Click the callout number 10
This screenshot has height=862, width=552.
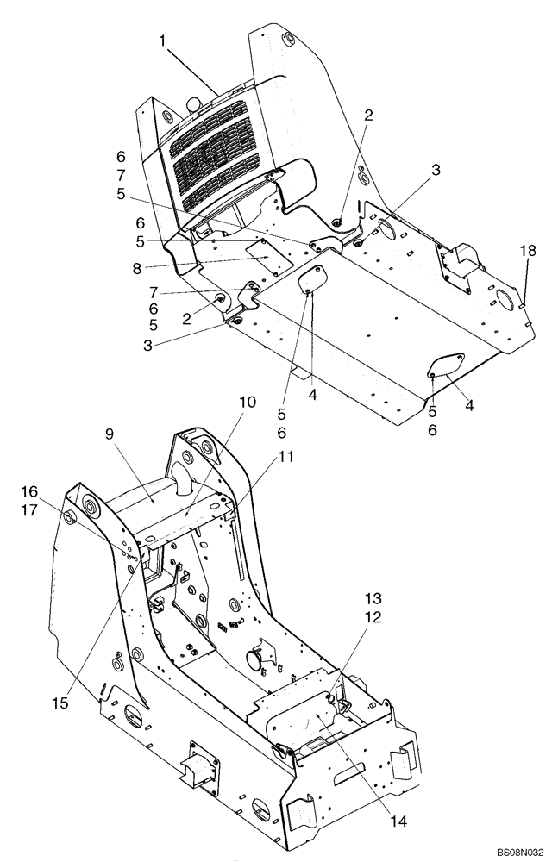tap(248, 403)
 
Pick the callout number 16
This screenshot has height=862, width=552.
tap(29, 490)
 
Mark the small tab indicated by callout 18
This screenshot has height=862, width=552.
tap(524, 303)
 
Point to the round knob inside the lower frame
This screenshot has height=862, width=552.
tap(254, 660)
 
